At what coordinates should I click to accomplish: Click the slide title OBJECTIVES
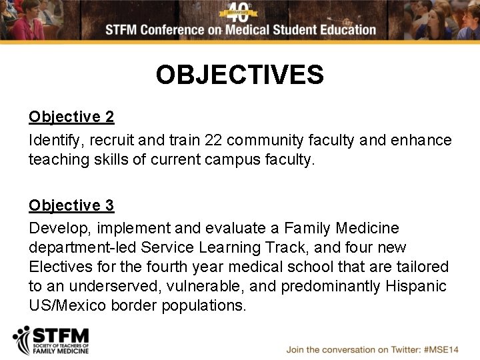coord(239,75)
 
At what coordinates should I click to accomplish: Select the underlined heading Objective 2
coord(71,117)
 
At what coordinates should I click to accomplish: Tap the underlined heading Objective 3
coord(71,205)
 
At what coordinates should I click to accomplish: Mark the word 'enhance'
coord(422,141)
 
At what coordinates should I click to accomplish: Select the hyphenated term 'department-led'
coord(81,248)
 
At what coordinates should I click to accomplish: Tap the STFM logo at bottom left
coord(51,341)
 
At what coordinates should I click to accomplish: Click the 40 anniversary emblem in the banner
coord(238,11)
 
